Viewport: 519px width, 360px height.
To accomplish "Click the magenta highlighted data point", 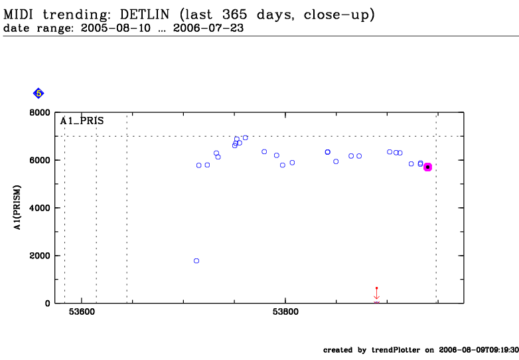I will point(427,167).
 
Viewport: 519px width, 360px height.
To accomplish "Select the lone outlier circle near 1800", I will point(196,261).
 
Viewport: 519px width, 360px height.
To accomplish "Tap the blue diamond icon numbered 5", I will point(38,94).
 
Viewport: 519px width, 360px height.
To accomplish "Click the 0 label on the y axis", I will point(47,304).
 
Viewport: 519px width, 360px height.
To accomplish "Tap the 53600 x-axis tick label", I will point(82,313).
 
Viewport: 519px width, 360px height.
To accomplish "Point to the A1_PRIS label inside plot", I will point(82,121).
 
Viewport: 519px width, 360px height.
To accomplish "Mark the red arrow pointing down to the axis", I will point(376,294).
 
